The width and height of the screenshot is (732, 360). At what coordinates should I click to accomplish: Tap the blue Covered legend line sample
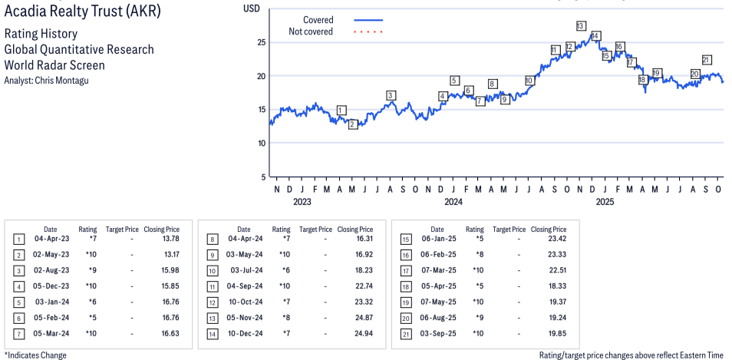point(368,20)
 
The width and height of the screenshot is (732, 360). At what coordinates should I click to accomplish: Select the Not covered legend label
point(311,31)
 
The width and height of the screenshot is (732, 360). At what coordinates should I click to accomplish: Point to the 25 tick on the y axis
point(260,42)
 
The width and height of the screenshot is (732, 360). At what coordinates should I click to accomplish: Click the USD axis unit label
point(251,8)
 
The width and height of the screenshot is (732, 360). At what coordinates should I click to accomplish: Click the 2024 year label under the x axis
point(453,202)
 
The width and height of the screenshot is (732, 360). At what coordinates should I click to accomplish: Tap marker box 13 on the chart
point(581,26)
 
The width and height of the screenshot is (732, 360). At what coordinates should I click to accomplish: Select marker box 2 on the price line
point(353,124)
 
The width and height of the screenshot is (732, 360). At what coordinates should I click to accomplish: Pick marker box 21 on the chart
point(707,60)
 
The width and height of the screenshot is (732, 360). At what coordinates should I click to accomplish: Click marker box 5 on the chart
point(454,81)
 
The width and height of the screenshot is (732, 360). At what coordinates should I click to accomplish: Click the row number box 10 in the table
point(213,271)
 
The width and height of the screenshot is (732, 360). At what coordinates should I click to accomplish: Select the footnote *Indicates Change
point(35,355)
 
